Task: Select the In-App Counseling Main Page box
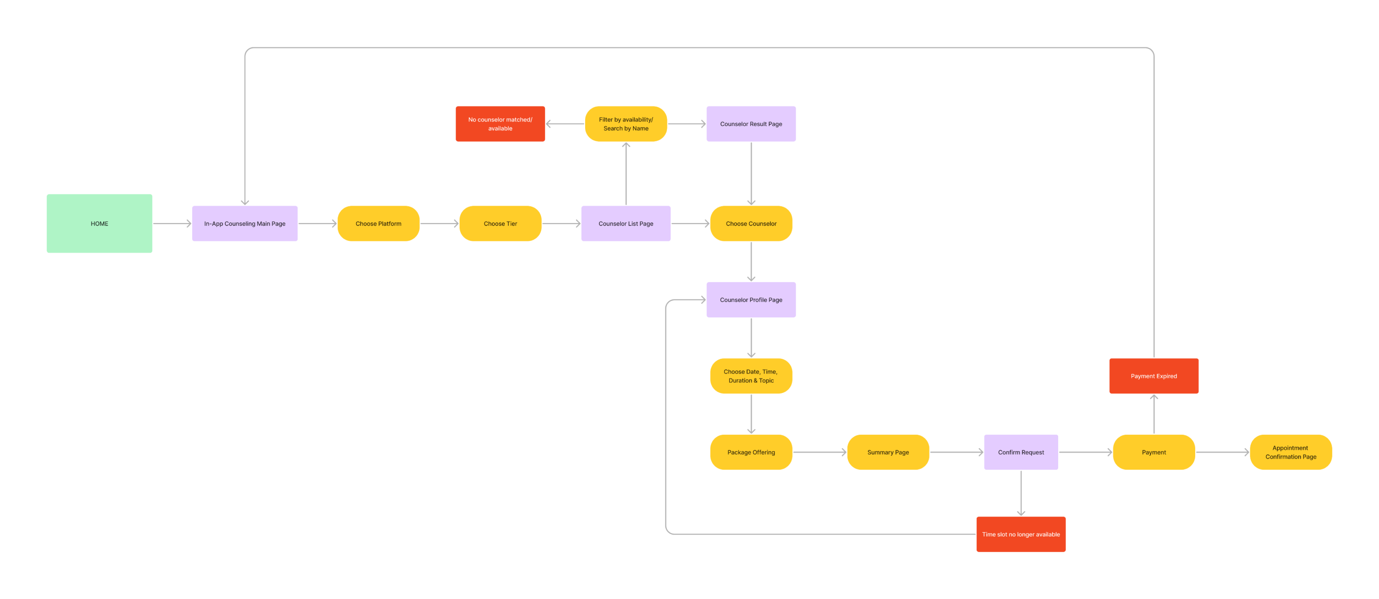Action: [x=245, y=224]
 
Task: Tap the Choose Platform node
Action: [x=378, y=224]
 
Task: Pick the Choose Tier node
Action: [x=500, y=224]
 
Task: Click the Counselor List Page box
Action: [x=625, y=224]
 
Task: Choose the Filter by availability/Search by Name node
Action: [x=625, y=124]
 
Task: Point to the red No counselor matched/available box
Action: [x=500, y=124]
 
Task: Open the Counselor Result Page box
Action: [x=751, y=124]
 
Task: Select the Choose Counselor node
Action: [x=751, y=224]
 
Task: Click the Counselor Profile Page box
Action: [x=751, y=299]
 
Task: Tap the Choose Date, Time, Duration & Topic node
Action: [x=751, y=375]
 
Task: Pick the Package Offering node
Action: [x=751, y=452]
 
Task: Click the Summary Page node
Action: [x=888, y=452]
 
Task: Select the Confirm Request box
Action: [x=1020, y=452]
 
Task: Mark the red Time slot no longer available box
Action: [x=1020, y=534]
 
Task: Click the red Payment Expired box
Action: [x=1154, y=375]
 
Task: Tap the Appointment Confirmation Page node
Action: [x=1290, y=452]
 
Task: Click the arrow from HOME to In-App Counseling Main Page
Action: [x=172, y=224]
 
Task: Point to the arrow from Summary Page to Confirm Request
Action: [x=956, y=452]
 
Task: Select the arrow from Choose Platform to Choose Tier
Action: [x=439, y=224]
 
